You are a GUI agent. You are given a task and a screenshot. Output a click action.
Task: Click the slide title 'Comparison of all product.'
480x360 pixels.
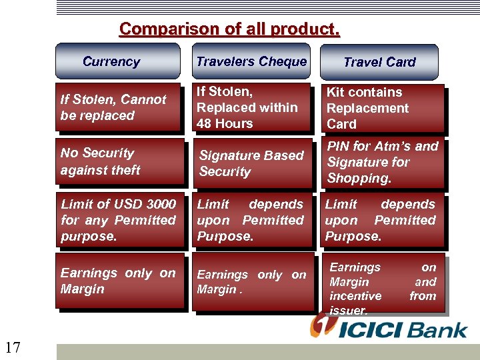pos(229,29)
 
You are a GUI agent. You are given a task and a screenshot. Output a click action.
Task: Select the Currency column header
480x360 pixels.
pos(117,62)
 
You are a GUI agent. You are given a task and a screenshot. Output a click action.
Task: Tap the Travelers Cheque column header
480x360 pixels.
pos(251,62)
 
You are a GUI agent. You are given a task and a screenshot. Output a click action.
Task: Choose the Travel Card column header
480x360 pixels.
pos(379,63)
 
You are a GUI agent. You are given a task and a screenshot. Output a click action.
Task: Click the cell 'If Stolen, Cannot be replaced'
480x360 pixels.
pos(119,107)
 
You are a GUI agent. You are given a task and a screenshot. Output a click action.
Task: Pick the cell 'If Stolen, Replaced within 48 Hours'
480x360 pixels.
pos(252,107)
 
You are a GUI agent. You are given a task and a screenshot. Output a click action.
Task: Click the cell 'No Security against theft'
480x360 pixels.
pos(119,161)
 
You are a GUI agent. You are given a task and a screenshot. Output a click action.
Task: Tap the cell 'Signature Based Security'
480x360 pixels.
pos(252,163)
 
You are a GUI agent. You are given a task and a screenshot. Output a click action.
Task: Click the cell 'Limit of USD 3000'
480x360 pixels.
pos(119,220)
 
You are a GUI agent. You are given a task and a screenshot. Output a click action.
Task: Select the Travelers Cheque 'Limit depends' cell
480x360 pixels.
pos(252,220)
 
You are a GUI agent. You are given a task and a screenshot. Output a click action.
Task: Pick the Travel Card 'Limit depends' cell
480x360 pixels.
pos(381,220)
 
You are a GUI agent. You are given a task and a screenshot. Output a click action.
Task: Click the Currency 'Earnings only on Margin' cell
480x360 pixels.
pos(119,281)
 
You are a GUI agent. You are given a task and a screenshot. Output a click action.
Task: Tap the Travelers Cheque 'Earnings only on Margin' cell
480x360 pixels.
pos(252,282)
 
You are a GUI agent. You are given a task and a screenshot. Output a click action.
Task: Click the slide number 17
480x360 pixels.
pos(12,347)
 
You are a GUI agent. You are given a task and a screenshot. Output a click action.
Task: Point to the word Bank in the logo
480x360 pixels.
pos(437,330)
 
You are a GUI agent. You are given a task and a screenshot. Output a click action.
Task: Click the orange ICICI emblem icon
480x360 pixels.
pos(321,326)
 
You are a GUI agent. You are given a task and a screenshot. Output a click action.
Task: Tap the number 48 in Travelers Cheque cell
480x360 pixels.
pos(205,123)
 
